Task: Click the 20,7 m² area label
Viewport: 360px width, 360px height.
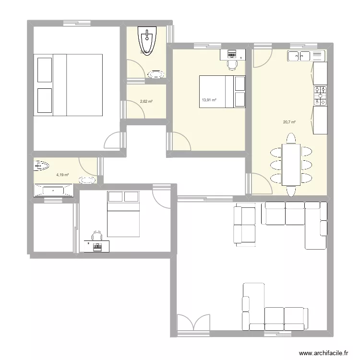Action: tap(289, 122)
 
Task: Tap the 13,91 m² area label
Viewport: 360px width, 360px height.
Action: tap(209, 100)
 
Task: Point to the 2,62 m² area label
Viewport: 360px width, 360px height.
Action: tap(146, 102)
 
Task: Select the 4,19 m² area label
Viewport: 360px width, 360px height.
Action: tap(62, 175)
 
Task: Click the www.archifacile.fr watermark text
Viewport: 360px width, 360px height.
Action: tap(323, 353)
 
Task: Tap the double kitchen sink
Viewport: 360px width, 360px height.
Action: tap(300, 56)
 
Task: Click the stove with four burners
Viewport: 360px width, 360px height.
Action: tap(320, 96)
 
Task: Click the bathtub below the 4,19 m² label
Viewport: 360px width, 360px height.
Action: tap(53, 191)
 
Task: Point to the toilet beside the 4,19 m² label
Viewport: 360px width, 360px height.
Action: tap(41, 167)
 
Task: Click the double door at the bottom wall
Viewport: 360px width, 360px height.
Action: tap(193, 323)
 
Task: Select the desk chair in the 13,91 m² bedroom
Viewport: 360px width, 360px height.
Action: tap(232, 64)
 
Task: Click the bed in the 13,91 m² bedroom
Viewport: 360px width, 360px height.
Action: tap(222, 91)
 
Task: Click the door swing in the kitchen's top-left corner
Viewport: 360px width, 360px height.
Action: tap(262, 58)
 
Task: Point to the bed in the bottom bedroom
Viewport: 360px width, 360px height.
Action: tap(123, 214)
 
